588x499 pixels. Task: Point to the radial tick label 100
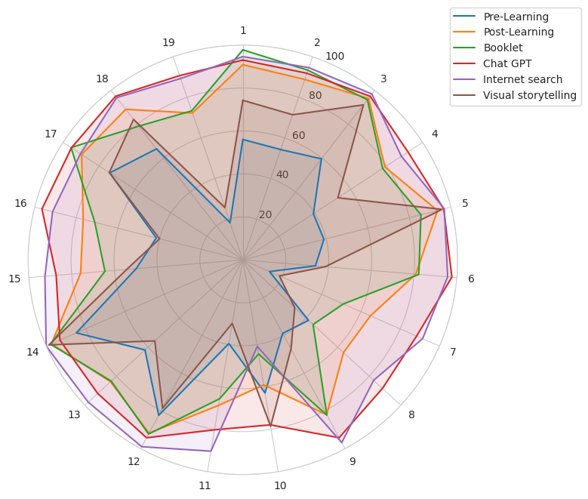point(334,57)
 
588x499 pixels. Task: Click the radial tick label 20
point(265,215)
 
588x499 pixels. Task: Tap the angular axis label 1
point(243,31)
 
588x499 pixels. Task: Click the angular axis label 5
point(465,204)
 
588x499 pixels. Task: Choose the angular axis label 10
point(280,486)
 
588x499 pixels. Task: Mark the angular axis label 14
point(32,353)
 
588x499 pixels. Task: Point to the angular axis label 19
point(168,43)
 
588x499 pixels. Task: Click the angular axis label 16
point(20,204)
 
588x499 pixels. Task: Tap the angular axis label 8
point(411,415)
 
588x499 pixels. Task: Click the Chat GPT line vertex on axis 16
point(42,209)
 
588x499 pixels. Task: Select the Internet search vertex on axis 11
point(211,451)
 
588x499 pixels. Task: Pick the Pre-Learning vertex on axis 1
point(243,140)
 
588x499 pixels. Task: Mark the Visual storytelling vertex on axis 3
point(363,105)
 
